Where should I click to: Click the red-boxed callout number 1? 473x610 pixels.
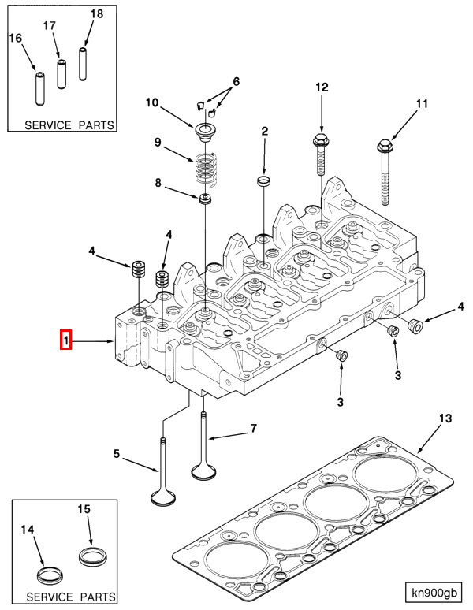point(67,340)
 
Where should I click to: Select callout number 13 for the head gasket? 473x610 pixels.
point(445,418)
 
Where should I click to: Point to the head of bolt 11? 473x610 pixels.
point(385,146)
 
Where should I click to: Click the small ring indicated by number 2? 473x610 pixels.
point(265,182)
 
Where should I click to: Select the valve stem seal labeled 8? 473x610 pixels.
point(207,199)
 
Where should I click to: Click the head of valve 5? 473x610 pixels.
point(163,497)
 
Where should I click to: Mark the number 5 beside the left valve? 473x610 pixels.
point(116,454)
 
